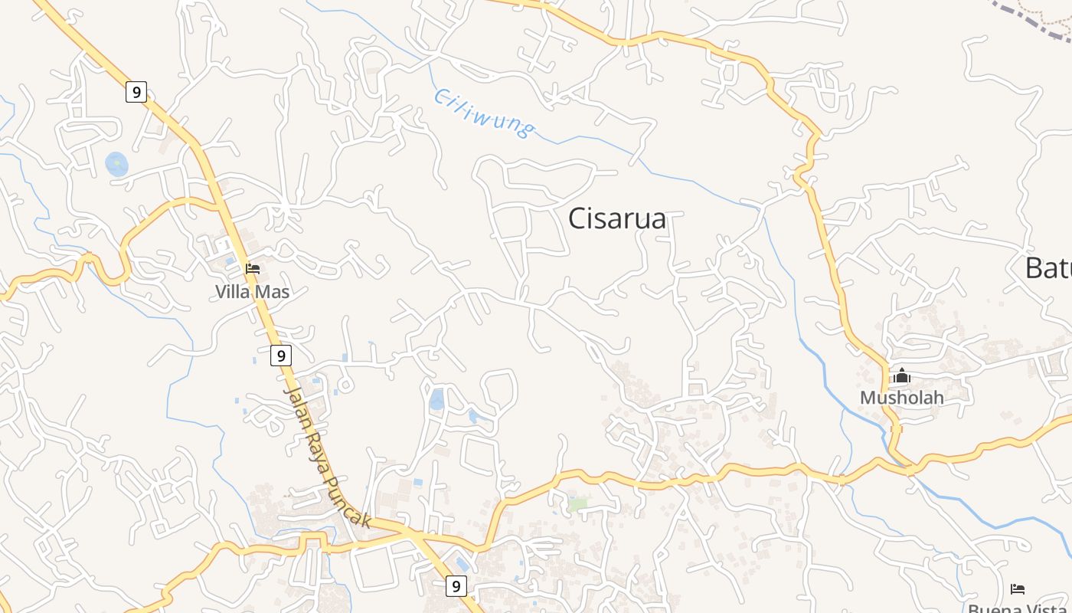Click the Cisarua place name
pyautogui.click(x=617, y=219)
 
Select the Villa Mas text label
pyautogui.click(x=252, y=292)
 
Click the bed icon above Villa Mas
pyautogui.click(x=253, y=269)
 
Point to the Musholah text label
pyautogui.click(x=901, y=398)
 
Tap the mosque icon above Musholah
pyautogui.click(x=902, y=375)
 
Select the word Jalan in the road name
pyautogui.click(x=295, y=401)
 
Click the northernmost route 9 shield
pyautogui.click(x=136, y=92)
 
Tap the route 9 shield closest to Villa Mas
pyautogui.click(x=281, y=356)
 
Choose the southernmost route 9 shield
pyautogui.click(x=456, y=586)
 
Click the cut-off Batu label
pyautogui.click(x=1048, y=268)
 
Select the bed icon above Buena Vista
pyautogui.click(x=1018, y=588)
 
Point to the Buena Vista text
pyautogui.click(x=1018, y=608)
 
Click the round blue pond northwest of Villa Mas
pyautogui.click(x=116, y=163)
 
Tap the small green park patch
pyautogui.click(x=577, y=504)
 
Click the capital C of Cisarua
pyautogui.click(x=579, y=219)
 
